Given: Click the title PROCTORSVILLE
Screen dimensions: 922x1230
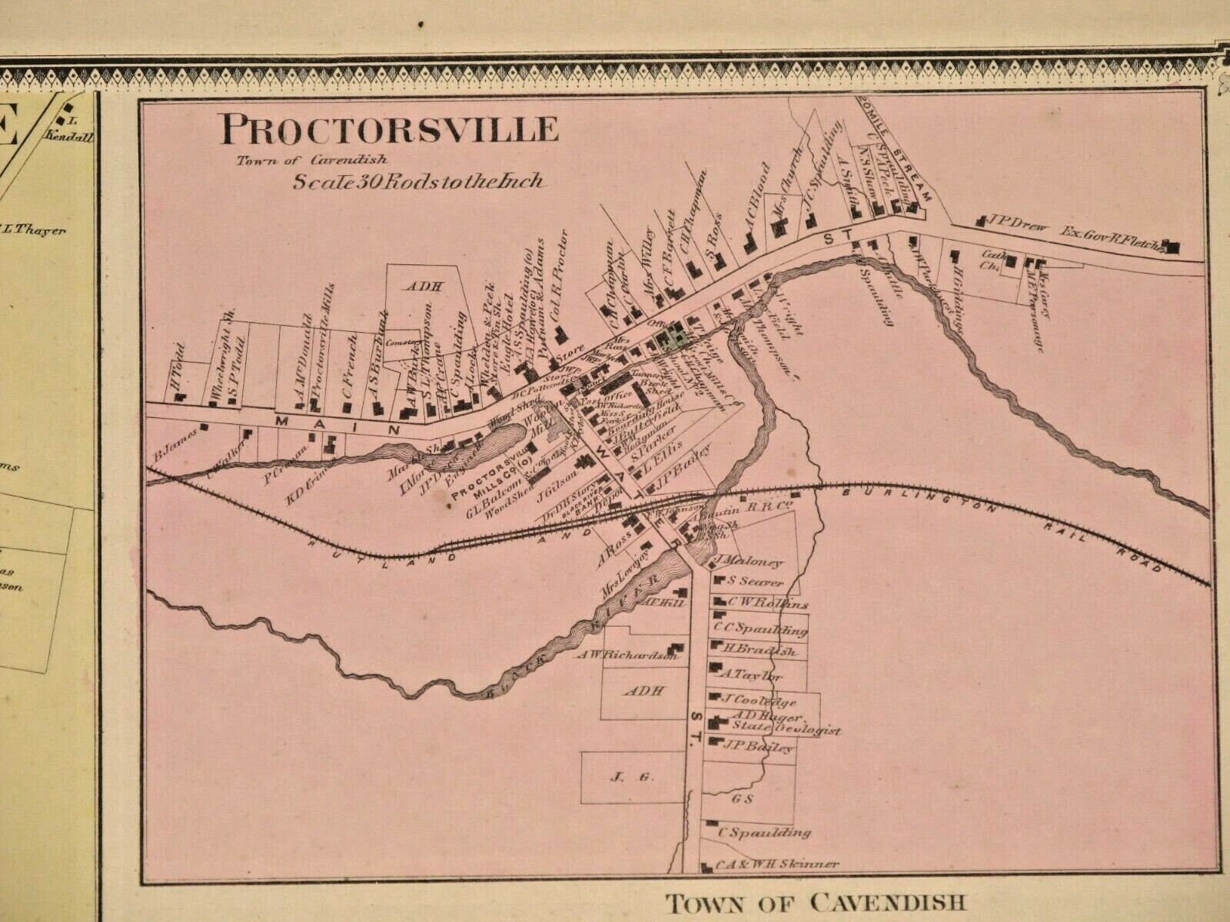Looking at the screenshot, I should point(388,129).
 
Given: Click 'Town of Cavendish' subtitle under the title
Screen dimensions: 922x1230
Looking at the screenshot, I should point(311,161).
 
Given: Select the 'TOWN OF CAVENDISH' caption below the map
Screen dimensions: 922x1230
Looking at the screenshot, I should point(814,901).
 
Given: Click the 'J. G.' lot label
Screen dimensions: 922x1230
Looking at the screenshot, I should point(620,778).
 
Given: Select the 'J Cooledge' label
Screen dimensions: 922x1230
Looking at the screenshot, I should point(761,701).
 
